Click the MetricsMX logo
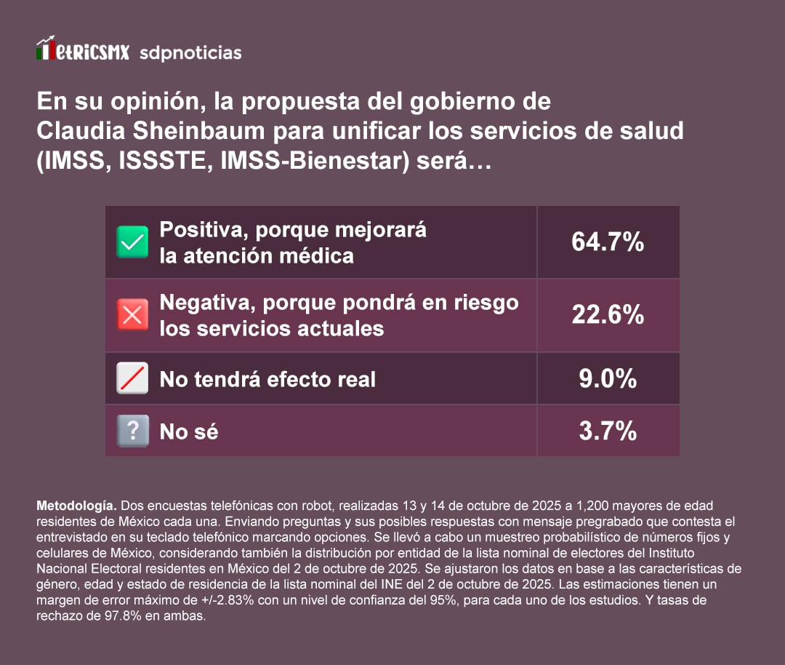82,51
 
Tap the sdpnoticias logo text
190,52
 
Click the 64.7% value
608,242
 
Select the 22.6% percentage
608,315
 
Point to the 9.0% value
608,378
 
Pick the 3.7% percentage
608,431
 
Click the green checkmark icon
132,242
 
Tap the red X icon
132,315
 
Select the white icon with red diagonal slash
132,378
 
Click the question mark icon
132,431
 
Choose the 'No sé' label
189,431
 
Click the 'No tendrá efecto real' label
267,379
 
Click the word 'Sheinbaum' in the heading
212,130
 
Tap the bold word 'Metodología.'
76,504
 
